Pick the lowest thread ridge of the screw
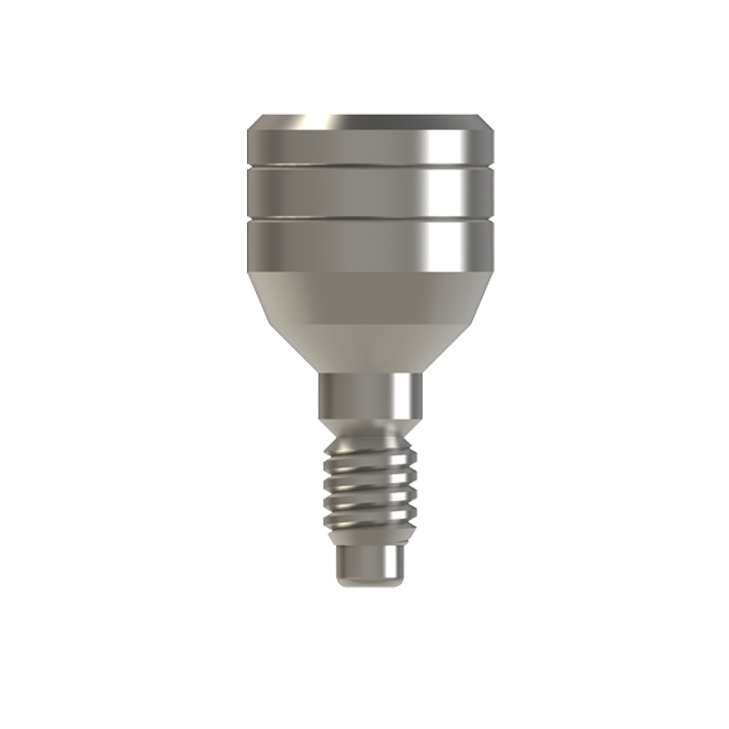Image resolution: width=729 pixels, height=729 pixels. click(369, 527)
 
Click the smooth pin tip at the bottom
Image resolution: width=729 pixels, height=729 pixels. click(369, 565)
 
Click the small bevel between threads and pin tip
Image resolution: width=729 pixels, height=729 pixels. click(369, 541)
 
